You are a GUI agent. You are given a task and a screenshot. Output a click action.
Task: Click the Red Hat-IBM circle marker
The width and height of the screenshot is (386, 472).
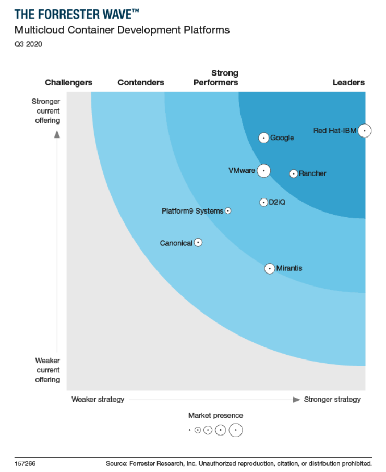click(x=365, y=131)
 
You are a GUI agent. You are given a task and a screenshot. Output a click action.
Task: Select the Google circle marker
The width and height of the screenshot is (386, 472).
click(x=264, y=138)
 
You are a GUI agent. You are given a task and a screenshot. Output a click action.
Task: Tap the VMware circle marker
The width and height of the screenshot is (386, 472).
click(x=264, y=170)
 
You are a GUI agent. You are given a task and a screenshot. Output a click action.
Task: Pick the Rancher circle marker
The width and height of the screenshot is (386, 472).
click(x=294, y=173)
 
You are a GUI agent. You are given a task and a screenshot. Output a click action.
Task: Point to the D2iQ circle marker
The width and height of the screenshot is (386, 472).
click(x=264, y=202)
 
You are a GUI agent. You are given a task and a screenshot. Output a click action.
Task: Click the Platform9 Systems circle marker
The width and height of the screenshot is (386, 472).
click(x=228, y=211)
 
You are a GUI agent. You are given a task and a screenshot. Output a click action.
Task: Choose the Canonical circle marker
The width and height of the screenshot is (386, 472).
click(x=198, y=243)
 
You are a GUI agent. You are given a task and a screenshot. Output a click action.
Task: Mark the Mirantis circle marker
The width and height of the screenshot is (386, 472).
click(x=269, y=268)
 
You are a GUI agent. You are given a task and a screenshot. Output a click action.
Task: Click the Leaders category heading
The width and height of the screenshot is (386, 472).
click(x=348, y=82)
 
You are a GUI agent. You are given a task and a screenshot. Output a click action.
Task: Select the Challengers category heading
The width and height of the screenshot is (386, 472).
click(x=68, y=82)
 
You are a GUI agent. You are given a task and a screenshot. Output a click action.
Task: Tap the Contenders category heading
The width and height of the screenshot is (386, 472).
click(x=141, y=82)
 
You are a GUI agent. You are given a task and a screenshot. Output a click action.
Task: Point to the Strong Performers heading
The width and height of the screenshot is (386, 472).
click(x=216, y=78)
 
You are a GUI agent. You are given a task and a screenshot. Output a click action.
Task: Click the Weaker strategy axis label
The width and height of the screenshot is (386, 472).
click(x=98, y=400)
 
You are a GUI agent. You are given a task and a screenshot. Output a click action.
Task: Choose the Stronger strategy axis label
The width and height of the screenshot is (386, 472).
click(x=332, y=400)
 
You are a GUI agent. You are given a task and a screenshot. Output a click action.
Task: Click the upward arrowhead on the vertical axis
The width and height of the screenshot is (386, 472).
click(x=57, y=134)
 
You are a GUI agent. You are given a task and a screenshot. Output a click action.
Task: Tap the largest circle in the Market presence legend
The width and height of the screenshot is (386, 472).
click(x=236, y=430)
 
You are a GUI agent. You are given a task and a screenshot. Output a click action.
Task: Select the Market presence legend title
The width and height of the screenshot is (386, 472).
click(x=215, y=415)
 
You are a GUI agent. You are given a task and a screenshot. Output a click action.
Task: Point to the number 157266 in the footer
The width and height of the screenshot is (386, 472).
click(x=25, y=463)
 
